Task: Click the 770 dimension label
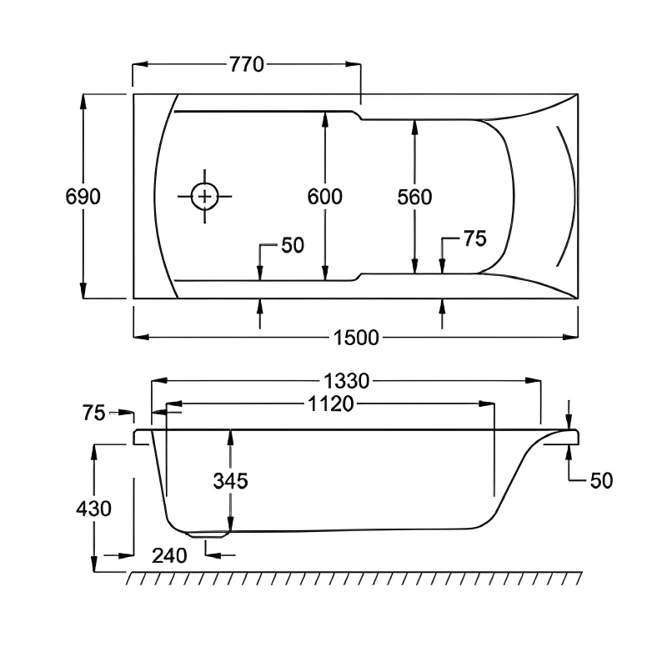[247, 65]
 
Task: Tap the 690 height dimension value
[83, 197]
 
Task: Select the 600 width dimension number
[325, 197]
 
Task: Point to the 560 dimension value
[414, 198]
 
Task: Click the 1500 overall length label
[356, 338]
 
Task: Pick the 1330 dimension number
[347, 381]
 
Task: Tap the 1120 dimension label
[331, 404]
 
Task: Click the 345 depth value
[231, 481]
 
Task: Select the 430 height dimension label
[93, 509]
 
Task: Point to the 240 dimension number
[169, 556]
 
